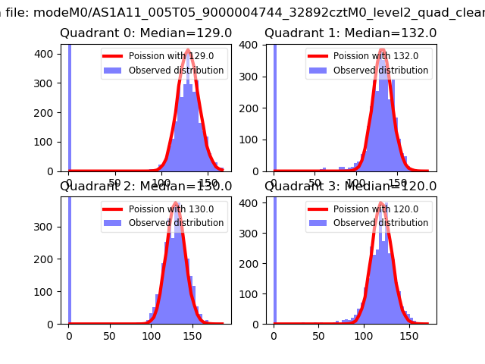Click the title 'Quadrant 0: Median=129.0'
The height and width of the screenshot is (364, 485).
pyautogui.click(x=146, y=33)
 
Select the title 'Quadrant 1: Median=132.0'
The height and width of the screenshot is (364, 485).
pyautogui.click(x=350, y=33)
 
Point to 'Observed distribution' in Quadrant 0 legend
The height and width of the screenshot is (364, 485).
pyautogui.click(x=176, y=71)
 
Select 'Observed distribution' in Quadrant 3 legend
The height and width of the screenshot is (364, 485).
pyautogui.click(x=380, y=223)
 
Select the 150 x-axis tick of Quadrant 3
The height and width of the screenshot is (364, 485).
pyautogui.click(x=409, y=335)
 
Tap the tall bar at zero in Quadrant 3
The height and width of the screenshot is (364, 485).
pyautogui.click(x=274, y=258)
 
